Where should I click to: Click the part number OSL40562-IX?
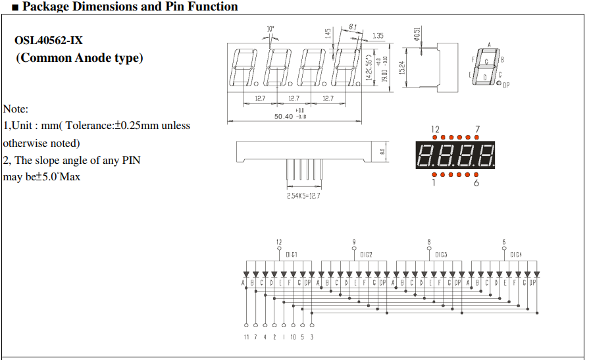(x=49, y=40)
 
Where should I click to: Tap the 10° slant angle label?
(x=270, y=29)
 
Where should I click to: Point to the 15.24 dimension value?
(x=401, y=67)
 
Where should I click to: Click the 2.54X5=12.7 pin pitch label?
(x=303, y=196)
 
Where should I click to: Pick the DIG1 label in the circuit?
(x=292, y=255)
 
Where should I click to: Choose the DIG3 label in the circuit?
(x=441, y=255)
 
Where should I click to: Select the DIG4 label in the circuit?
(x=516, y=255)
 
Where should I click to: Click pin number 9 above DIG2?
(x=354, y=242)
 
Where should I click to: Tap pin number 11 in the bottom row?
(x=246, y=337)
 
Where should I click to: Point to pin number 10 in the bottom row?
(x=293, y=337)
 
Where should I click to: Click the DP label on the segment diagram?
(x=505, y=85)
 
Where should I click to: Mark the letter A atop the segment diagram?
(x=489, y=45)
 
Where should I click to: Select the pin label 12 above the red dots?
(x=435, y=129)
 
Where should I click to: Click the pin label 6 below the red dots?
(x=476, y=183)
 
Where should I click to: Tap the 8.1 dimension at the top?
(x=353, y=26)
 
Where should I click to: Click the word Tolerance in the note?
(x=96, y=126)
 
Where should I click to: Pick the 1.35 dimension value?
(x=378, y=36)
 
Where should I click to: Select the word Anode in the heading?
(x=87, y=58)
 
